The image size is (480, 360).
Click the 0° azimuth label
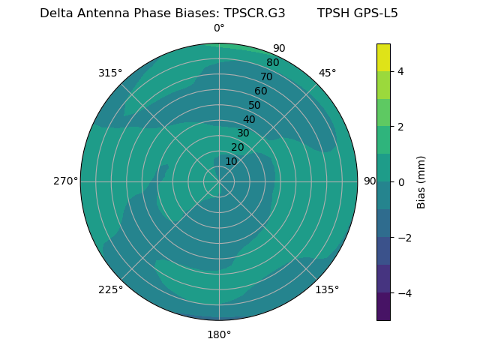(x=219, y=28)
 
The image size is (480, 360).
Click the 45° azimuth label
(x=328, y=73)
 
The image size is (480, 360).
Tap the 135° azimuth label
(x=327, y=289)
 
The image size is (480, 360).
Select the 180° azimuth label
(x=219, y=334)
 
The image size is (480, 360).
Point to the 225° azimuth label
(x=110, y=290)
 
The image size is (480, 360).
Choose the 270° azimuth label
(x=65, y=181)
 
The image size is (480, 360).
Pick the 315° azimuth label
(x=110, y=73)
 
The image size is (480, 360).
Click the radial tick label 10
(x=231, y=161)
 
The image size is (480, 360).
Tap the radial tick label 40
(x=249, y=119)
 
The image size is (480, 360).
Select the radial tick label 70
(x=266, y=76)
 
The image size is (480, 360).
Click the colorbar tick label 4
(x=401, y=71)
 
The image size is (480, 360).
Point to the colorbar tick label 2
(x=401, y=127)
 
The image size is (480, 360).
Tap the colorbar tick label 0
(x=401, y=182)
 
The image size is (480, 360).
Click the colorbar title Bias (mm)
(x=421, y=182)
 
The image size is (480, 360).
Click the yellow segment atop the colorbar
(x=383, y=57)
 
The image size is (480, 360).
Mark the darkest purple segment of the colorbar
(x=383, y=307)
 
